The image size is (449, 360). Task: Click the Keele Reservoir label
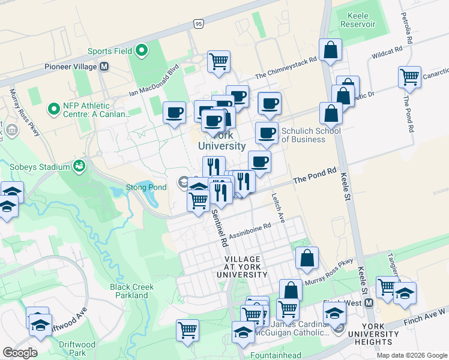(357, 20)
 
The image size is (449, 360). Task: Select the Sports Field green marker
(142, 51)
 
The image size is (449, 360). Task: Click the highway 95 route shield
(199, 24)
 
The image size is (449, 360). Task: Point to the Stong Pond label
(146, 187)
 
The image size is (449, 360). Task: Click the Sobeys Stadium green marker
(79, 166)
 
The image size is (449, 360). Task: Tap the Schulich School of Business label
(311, 136)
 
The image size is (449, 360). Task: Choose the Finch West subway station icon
(369, 303)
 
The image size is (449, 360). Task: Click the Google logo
(20, 352)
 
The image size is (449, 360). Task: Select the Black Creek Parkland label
(131, 291)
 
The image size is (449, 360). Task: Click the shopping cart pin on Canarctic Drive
(409, 77)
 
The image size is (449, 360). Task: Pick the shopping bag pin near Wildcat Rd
(330, 50)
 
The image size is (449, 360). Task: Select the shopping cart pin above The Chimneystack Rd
(219, 61)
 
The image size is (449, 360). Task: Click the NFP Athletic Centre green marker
(53, 110)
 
